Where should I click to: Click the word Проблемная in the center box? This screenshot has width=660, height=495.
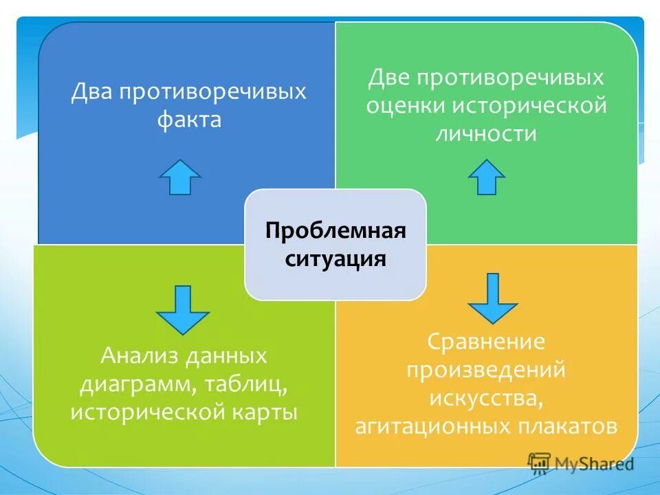(x=335, y=230)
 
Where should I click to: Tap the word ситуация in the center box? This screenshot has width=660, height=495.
(x=335, y=260)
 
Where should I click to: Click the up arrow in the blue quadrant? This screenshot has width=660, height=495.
(x=179, y=177)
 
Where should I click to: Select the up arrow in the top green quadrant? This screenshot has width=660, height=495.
(x=487, y=177)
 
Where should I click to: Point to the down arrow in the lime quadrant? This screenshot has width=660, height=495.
(x=182, y=309)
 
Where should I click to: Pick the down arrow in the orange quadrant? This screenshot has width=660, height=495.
(x=492, y=298)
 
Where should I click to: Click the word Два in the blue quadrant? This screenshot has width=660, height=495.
(x=94, y=92)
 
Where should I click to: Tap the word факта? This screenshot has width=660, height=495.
(x=189, y=120)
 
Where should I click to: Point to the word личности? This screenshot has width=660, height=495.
(x=486, y=133)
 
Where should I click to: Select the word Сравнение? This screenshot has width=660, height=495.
(x=486, y=341)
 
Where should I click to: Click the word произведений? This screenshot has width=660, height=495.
(x=486, y=369)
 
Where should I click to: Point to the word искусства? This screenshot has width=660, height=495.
(x=486, y=398)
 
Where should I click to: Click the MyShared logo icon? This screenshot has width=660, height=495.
(x=539, y=462)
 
